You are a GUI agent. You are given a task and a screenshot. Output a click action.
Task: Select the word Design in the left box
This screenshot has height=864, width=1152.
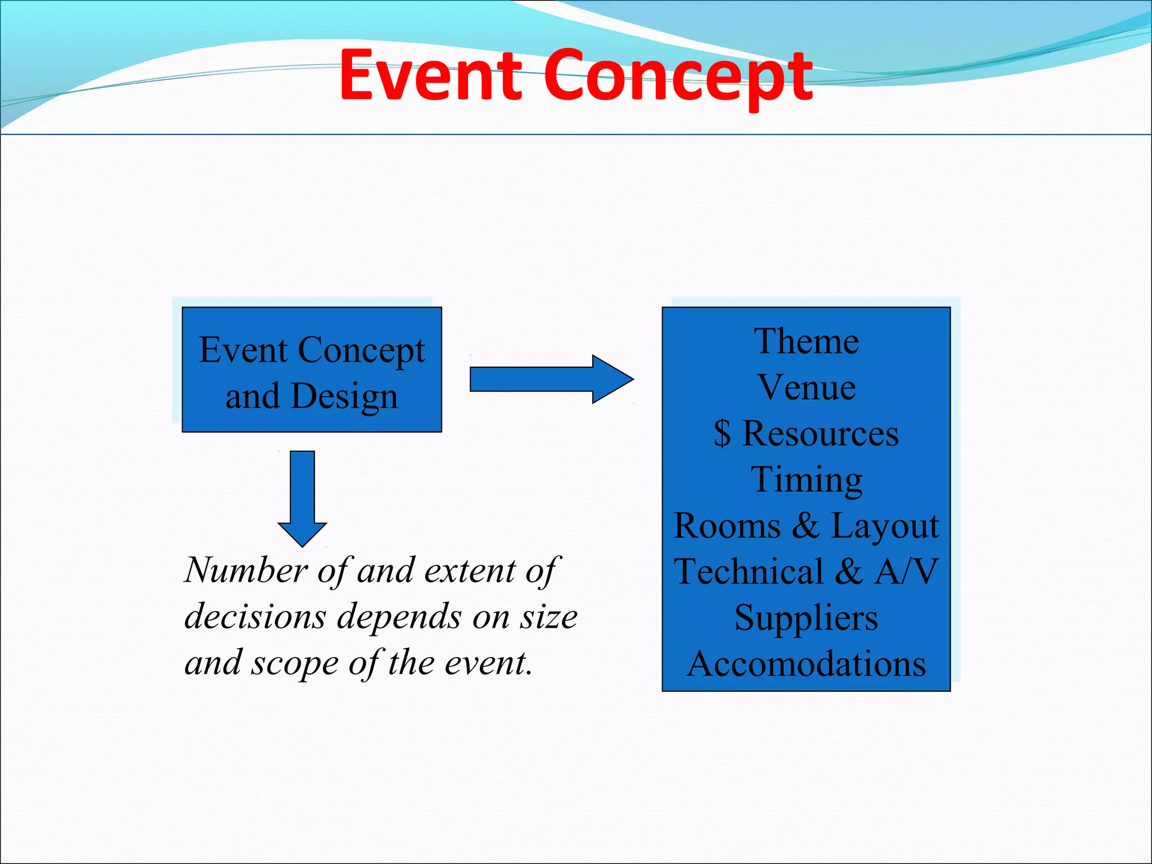[x=344, y=397]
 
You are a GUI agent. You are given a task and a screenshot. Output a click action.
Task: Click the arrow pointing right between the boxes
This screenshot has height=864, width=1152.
[x=551, y=379]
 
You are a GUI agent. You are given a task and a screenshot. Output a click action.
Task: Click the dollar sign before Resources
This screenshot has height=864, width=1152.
[x=722, y=434]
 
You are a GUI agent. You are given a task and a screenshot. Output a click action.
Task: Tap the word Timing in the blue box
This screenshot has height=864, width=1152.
[x=806, y=480]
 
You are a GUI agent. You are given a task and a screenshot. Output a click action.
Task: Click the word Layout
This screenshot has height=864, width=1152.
[x=885, y=526]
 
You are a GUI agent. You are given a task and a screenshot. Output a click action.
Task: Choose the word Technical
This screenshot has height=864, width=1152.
[x=749, y=572]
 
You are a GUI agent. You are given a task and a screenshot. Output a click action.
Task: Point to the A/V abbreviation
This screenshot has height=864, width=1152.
[x=906, y=572]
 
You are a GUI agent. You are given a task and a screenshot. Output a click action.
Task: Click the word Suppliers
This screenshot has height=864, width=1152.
[x=806, y=618]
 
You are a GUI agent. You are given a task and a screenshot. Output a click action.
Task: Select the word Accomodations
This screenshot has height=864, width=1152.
[x=806, y=664]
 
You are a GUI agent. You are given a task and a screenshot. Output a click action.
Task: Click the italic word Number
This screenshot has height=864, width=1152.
[x=245, y=570]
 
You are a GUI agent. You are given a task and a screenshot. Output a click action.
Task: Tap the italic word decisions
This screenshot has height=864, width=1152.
[x=255, y=616]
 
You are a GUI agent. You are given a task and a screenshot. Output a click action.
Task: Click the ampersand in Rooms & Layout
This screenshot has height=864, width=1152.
[x=806, y=526]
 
